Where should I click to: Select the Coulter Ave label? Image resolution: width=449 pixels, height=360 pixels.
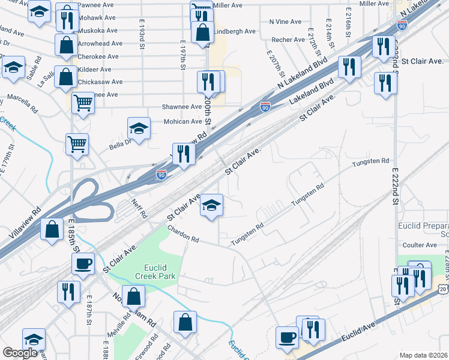tap(420, 245)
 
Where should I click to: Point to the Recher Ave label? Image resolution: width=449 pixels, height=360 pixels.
tap(288, 40)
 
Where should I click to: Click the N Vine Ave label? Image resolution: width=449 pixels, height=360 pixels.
tap(285, 22)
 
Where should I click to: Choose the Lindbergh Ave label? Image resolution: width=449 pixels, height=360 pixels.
tap(235, 31)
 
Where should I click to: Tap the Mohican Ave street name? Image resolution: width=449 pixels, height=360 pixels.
tap(184, 121)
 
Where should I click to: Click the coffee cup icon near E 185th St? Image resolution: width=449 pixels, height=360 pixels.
tap(83, 263)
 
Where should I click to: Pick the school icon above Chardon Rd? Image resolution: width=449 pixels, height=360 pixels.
tap(211, 205)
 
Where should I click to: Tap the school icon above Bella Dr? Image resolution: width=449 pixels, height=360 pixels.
tap(139, 128)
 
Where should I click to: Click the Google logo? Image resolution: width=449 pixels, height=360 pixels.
tap(20, 353)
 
